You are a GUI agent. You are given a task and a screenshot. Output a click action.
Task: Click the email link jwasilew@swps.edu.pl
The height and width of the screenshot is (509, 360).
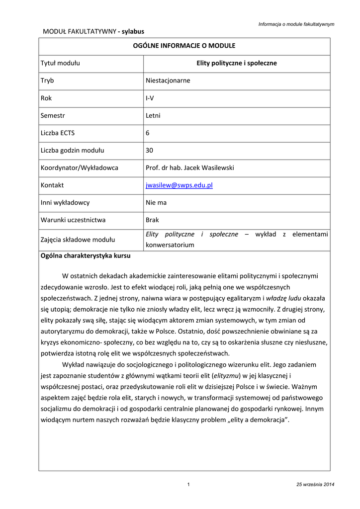[179, 185]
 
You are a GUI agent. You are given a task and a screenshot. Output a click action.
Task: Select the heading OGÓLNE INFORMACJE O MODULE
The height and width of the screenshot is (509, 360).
[184, 46]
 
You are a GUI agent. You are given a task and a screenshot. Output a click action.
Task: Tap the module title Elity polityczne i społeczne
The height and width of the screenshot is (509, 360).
[237, 63]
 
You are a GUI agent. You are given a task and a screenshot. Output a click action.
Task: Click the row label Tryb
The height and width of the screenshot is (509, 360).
[47, 81]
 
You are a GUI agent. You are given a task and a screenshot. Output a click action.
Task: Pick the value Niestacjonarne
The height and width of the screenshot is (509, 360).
[168, 81]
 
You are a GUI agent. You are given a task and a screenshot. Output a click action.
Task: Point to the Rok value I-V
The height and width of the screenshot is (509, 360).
[150, 98]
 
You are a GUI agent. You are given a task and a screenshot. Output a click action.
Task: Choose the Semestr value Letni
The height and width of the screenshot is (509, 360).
[153, 115]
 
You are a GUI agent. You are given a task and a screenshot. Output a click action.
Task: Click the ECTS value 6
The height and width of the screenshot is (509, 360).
[148, 133]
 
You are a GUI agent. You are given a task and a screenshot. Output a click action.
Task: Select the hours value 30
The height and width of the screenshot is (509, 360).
[149, 150]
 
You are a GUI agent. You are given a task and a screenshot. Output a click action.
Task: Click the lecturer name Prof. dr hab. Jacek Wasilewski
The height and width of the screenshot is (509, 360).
[189, 168]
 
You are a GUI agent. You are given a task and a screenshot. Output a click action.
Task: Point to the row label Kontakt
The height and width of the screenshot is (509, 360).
[52, 185]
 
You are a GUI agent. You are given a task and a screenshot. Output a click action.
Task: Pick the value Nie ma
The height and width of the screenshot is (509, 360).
[156, 203]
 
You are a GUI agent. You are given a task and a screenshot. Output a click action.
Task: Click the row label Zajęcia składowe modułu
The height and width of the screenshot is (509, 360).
[78, 240]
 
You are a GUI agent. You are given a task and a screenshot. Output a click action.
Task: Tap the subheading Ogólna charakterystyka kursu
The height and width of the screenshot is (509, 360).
[86, 256]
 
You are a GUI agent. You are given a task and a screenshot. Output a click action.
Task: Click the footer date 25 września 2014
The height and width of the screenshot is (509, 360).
[315, 485]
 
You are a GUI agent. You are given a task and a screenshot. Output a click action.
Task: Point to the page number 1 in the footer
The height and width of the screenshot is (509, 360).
[188, 485]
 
